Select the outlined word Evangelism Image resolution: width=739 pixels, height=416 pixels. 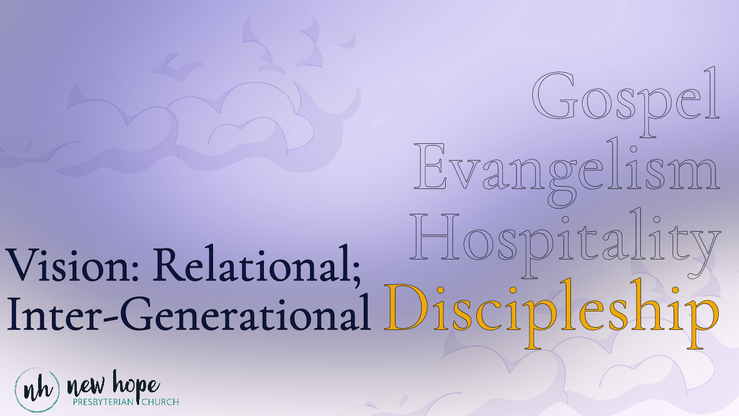[567, 168]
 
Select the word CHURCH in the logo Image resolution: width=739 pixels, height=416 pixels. [161, 402]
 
